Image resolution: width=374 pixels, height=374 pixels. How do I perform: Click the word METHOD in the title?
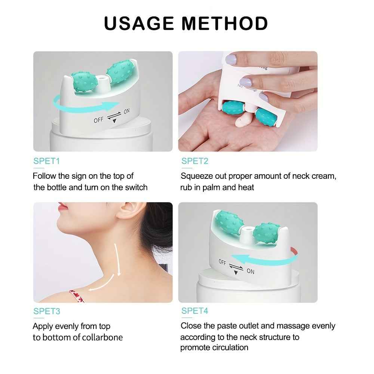pyautogui.click(x=225, y=23)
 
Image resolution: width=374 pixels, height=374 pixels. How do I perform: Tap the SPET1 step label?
pyautogui.click(x=46, y=161)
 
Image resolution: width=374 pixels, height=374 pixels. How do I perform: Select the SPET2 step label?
pyautogui.click(x=194, y=161)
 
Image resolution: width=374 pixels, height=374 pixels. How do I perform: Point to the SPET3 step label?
pyautogui.click(x=46, y=311)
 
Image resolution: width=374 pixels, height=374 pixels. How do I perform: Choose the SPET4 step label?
pyautogui.click(x=194, y=311)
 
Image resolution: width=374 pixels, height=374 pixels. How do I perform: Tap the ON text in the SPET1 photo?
pyautogui.click(x=127, y=111)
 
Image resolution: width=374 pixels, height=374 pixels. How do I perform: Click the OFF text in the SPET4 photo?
pyautogui.click(x=223, y=262)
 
